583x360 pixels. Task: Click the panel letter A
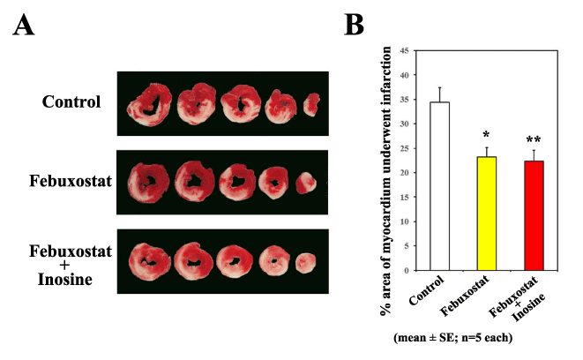point(25,26)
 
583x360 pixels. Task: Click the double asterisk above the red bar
point(534,140)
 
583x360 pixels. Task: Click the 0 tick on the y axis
point(406,270)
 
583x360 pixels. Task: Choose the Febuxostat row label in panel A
point(66,184)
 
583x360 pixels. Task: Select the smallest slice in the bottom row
point(304,262)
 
